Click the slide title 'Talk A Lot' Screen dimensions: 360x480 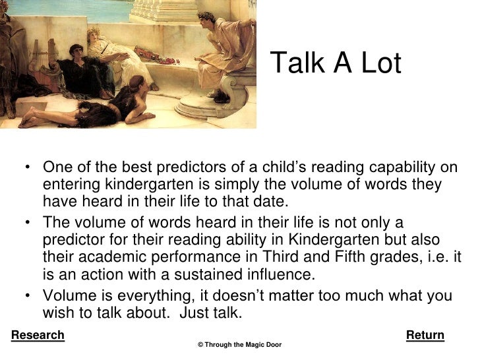pos(336,63)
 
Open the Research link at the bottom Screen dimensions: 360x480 pos(38,336)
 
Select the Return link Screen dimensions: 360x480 pos(425,336)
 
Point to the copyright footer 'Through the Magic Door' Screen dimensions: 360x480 pos(240,345)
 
